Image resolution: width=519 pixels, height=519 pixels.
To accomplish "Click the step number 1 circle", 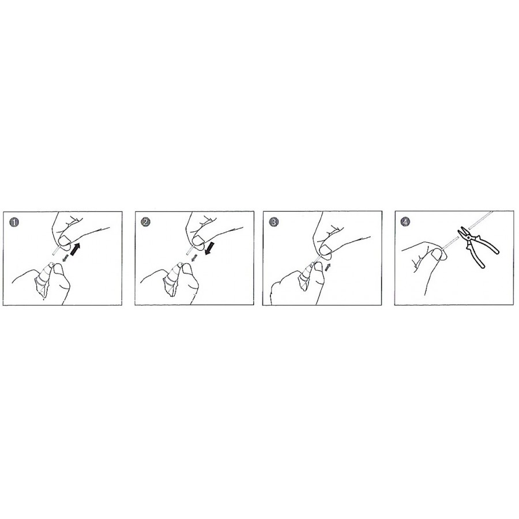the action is (x=14, y=222).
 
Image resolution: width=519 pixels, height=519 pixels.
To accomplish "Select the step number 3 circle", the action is (x=273, y=222).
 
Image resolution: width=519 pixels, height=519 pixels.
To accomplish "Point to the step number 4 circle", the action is (x=405, y=222).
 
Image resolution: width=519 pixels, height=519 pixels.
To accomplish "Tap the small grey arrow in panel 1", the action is (x=66, y=258).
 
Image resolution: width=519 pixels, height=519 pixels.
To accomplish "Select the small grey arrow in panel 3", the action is (x=328, y=268).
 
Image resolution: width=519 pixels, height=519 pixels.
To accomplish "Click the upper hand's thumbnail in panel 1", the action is (x=64, y=240).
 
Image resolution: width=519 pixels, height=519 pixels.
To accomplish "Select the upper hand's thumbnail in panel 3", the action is (x=327, y=250).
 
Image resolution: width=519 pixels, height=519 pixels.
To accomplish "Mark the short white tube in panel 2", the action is (x=190, y=250).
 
